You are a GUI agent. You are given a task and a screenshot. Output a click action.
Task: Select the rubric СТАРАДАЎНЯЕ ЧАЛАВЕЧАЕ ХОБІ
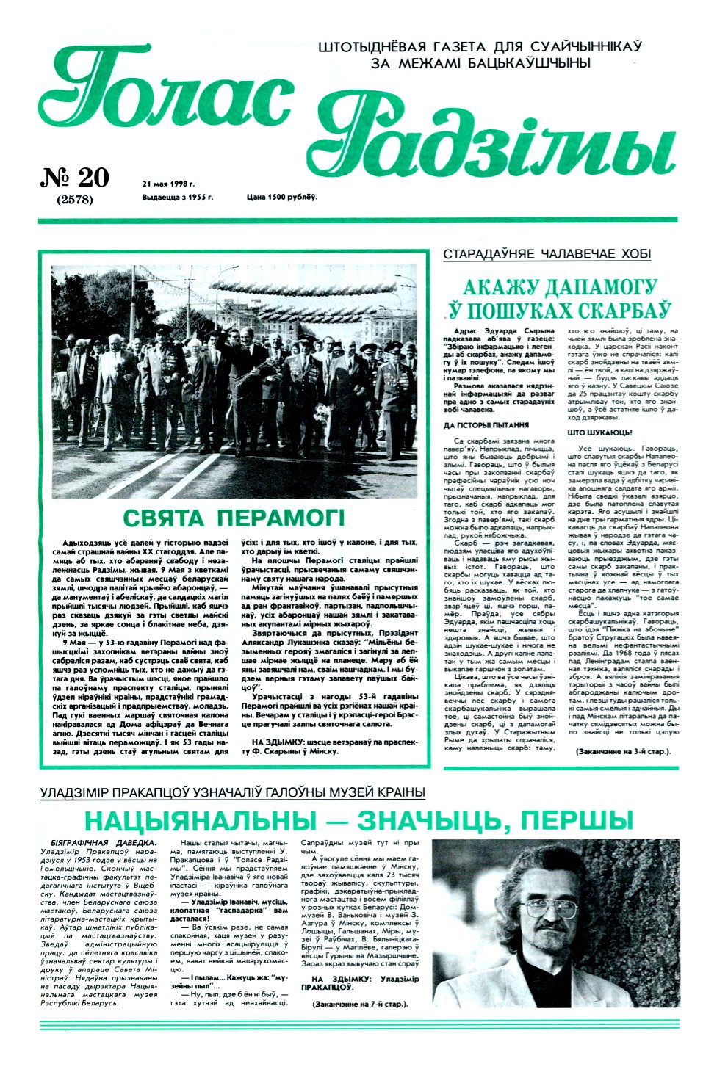coord(547,255)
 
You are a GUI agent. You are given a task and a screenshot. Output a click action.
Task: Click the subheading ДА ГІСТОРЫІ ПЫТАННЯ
coord(486,425)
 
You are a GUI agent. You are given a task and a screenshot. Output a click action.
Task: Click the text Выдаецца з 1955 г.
coord(178,197)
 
